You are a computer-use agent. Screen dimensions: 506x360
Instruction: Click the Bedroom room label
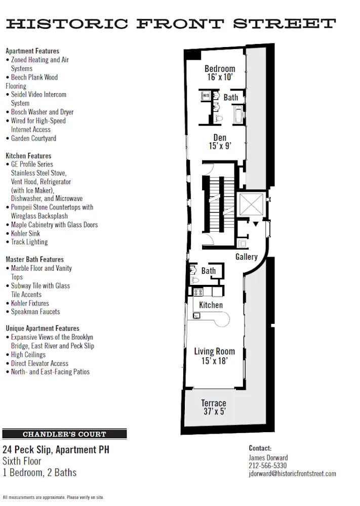[x=220, y=69]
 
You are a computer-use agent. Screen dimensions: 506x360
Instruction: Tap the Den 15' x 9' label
[x=220, y=142]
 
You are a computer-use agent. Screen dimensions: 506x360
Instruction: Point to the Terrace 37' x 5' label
[x=213, y=407]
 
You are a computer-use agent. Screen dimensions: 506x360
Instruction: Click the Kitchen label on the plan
[x=211, y=305]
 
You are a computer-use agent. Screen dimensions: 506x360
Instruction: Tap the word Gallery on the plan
[x=247, y=257]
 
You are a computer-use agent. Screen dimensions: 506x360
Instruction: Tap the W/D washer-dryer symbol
[x=206, y=95]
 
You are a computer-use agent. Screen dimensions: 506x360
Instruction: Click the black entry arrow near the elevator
[x=256, y=224]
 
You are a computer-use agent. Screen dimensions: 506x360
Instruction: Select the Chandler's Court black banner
[x=64, y=434]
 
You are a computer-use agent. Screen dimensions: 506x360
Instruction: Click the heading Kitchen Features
[x=28, y=156]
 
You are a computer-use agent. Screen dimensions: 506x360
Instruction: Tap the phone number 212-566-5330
[x=267, y=466]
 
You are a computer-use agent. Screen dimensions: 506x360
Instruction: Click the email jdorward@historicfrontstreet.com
[x=292, y=474]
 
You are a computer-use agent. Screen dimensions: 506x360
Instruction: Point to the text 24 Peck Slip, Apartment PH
[x=56, y=449]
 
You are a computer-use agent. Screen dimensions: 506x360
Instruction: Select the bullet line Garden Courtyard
[x=33, y=138]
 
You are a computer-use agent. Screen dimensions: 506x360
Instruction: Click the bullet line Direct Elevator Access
[x=39, y=363]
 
